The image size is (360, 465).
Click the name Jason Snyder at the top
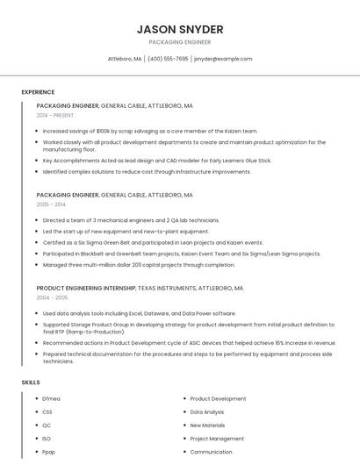pos(180,29)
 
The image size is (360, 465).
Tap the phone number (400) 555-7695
pos(168,59)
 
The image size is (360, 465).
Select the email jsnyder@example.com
pos(223,59)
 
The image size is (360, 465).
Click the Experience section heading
pos(38,92)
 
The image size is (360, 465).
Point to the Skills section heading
pos(31,383)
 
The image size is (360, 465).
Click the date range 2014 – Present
pos(55,115)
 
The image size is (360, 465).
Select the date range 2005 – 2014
pos(51,204)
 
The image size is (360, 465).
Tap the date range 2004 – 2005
pos(52,297)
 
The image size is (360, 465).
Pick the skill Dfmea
pos(51,398)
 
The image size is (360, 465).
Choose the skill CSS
pos(47,411)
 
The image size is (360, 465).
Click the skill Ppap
pos(49,452)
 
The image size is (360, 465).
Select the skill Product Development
pos(218,398)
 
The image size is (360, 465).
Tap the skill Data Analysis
pos(207,411)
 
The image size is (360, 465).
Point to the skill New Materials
pos(207,425)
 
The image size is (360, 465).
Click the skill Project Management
pos(217,439)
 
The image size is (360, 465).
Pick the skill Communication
pos(211,452)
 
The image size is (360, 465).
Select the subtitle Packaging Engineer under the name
pos(180,42)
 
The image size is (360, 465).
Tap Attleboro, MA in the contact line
pos(124,59)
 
